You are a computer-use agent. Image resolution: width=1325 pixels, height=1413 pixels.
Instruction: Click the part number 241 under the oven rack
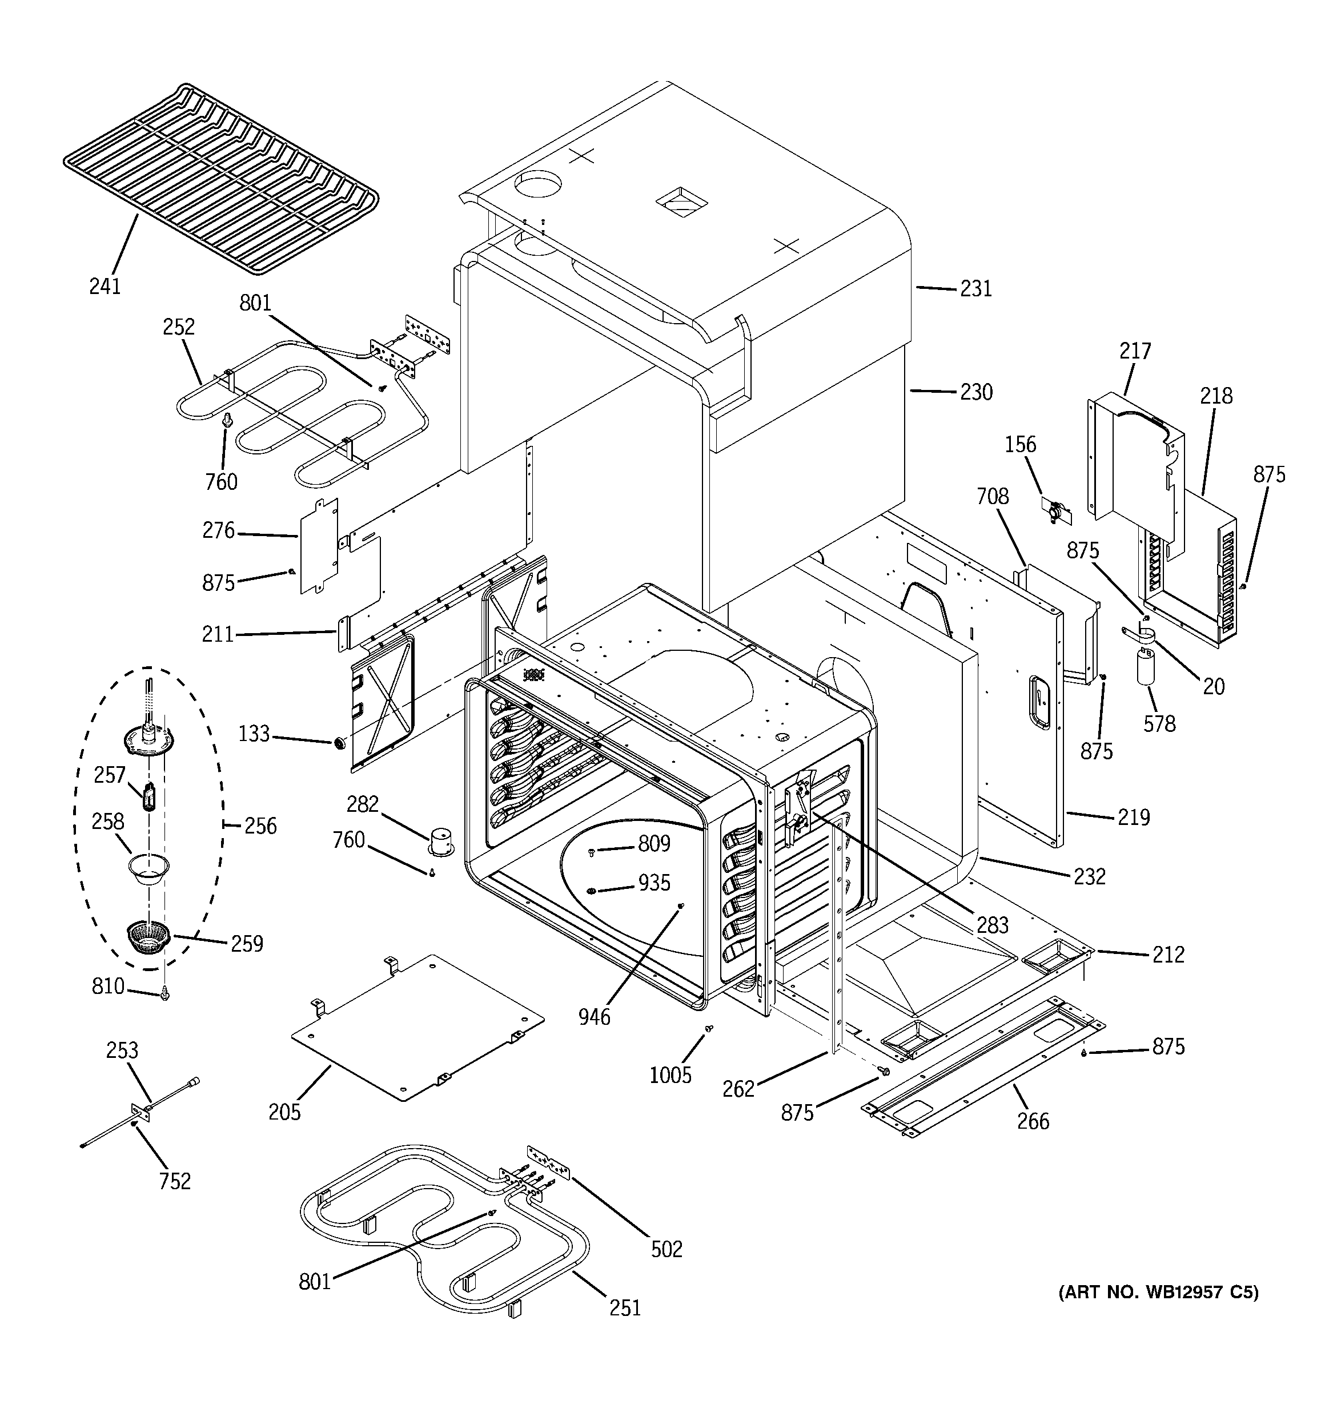pyautogui.click(x=105, y=287)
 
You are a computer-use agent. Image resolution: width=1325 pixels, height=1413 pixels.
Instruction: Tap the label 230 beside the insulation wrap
pyautogui.click(x=976, y=392)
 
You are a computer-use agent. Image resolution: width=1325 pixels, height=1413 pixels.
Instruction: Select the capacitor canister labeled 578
pyautogui.click(x=1145, y=670)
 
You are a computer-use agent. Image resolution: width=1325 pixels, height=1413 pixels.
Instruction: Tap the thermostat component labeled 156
pyautogui.click(x=1055, y=510)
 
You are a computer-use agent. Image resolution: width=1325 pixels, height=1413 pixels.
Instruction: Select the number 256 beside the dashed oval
pyautogui.click(x=260, y=826)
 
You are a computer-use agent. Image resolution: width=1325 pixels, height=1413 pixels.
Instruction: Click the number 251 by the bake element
pyautogui.click(x=624, y=1308)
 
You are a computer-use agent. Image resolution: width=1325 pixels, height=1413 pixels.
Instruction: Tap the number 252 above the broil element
pyautogui.click(x=179, y=327)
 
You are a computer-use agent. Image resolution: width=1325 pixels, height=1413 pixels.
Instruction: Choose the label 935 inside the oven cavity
pyautogui.click(x=653, y=883)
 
